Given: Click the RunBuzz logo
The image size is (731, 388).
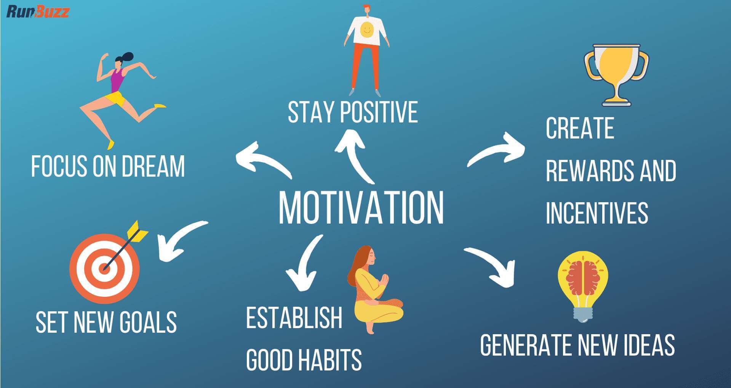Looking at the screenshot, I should coord(38,11).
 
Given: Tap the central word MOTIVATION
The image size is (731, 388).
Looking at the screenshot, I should coord(361,208).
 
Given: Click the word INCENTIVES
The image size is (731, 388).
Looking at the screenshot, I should coord(597,213).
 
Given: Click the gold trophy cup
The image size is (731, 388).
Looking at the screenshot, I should coord(616,72).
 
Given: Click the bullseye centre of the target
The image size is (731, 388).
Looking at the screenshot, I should coord(104,268).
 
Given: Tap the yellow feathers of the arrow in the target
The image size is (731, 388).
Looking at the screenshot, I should coord(137,231).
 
